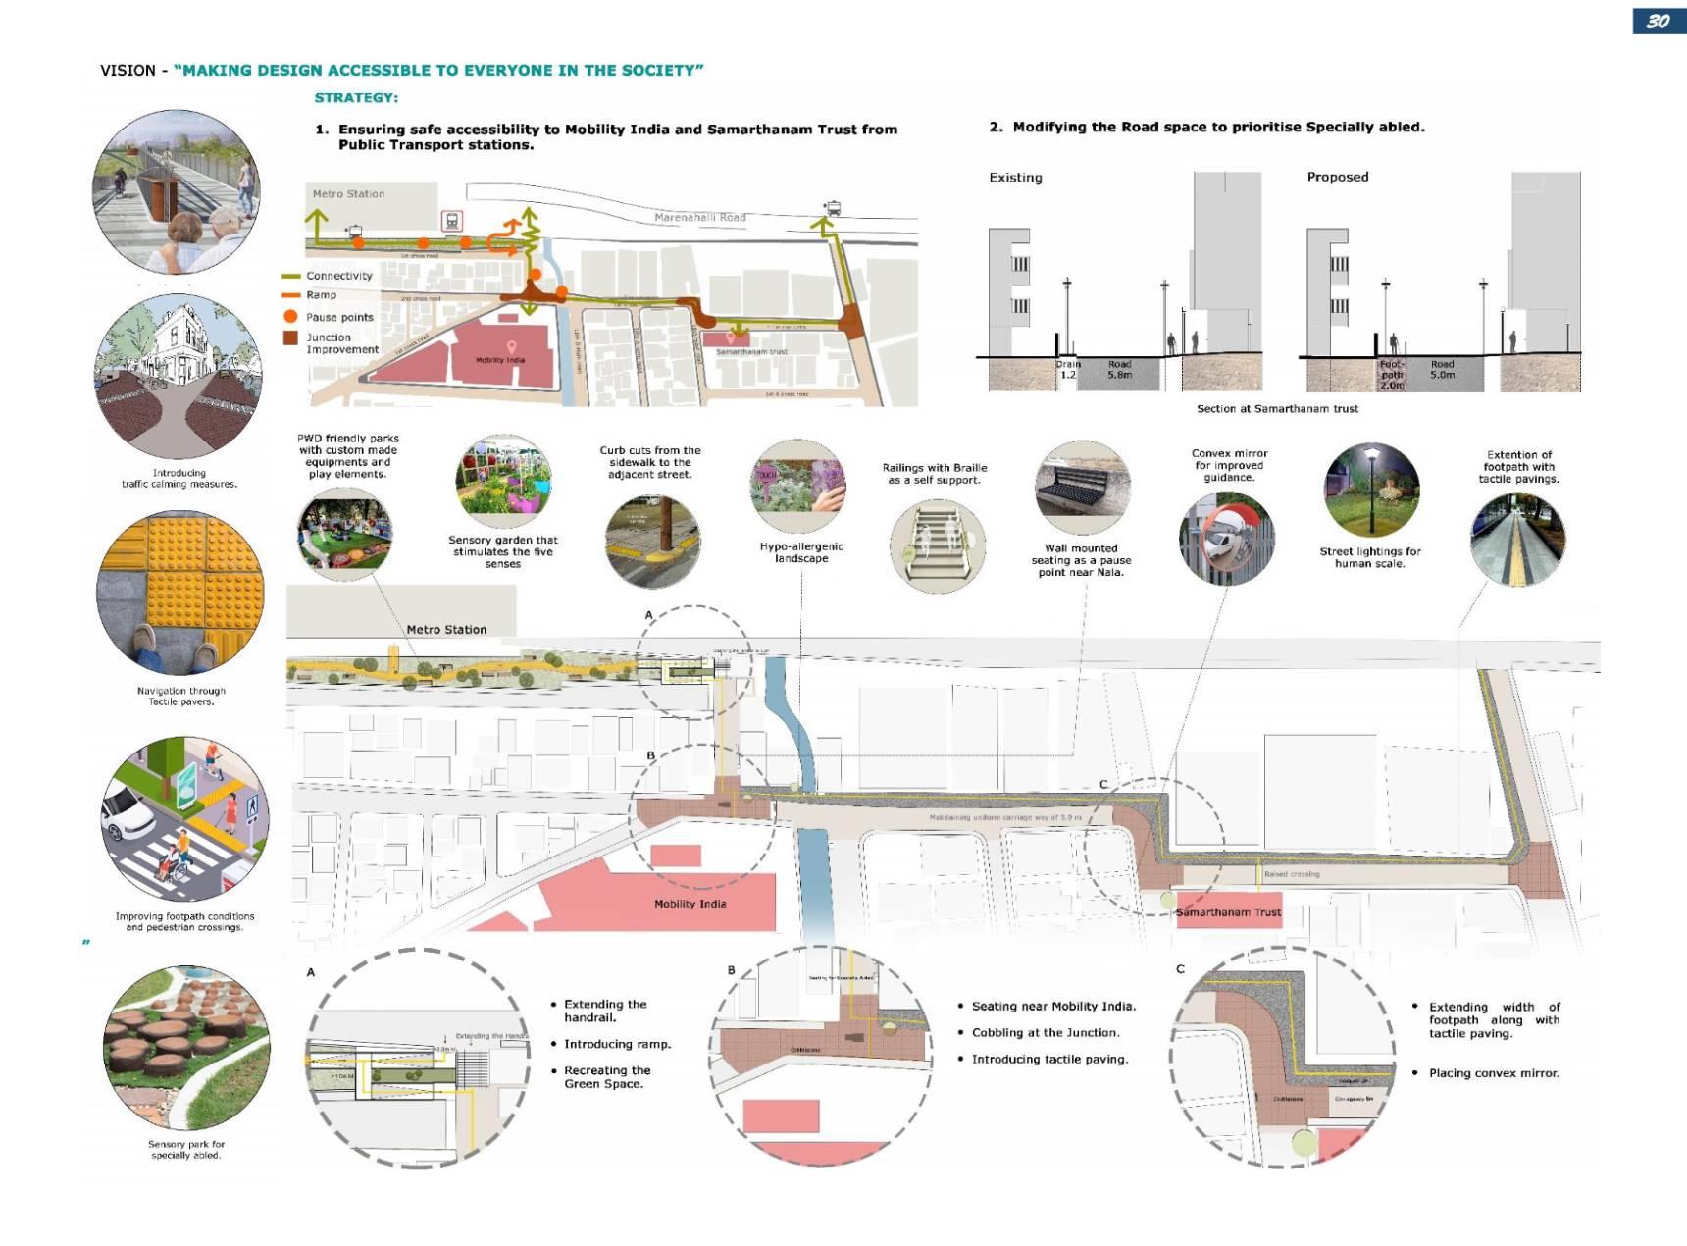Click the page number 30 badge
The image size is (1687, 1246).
point(1658,22)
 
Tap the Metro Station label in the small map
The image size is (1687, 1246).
point(348,194)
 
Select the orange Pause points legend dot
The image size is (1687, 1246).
point(290,317)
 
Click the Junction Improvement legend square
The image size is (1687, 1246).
point(290,338)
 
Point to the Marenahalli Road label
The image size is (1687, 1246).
point(700,218)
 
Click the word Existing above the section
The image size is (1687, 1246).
point(1015,178)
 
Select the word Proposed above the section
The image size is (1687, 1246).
point(1337,177)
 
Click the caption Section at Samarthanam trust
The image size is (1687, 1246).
point(1277,409)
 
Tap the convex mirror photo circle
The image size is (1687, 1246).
point(1226,539)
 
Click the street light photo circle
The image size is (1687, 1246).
point(1370,490)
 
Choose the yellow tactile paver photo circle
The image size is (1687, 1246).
point(180,593)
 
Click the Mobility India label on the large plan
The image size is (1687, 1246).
point(690,904)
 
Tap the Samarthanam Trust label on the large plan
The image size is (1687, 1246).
point(1228,912)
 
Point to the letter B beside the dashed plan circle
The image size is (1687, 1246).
point(650,755)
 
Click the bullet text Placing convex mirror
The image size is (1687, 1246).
point(1493,1073)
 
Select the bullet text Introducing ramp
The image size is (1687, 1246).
point(617,1044)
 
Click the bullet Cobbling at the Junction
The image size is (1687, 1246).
point(1045,1033)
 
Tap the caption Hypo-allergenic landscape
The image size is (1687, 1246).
point(801,552)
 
